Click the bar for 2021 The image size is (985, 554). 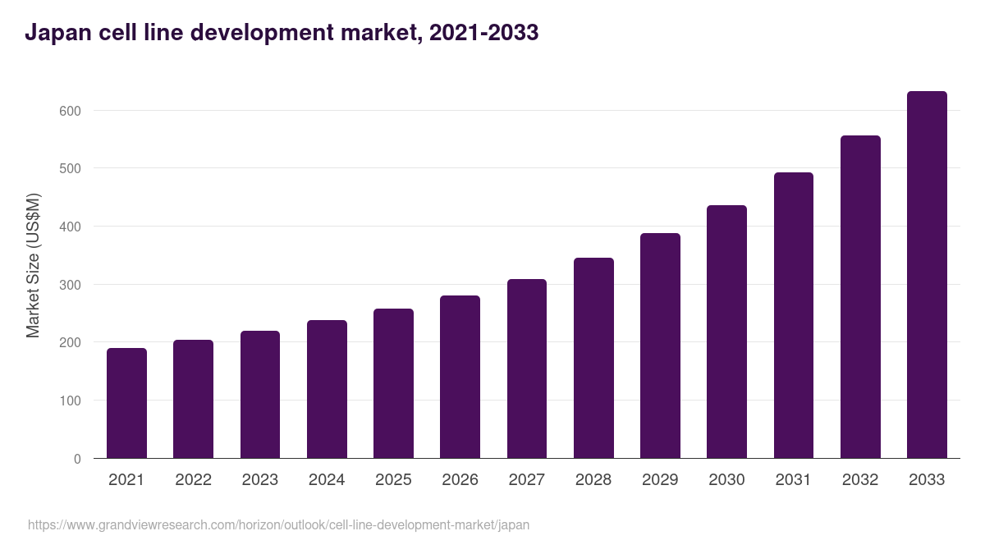tap(126, 403)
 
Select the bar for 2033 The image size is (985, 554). tap(927, 275)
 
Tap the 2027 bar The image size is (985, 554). tap(527, 369)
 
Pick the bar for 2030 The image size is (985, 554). tap(726, 332)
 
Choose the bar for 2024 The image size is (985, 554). tap(327, 389)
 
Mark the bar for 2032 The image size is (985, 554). tap(860, 297)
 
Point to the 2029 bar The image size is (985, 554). tap(660, 346)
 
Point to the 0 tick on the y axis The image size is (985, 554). tap(77, 459)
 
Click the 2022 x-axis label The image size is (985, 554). tap(193, 480)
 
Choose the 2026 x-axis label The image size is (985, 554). tap(460, 480)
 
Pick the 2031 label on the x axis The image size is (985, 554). tap(793, 480)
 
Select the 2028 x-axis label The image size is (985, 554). tap(593, 480)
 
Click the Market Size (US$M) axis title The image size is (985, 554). tap(33, 265)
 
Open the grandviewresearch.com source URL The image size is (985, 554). tap(278, 524)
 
